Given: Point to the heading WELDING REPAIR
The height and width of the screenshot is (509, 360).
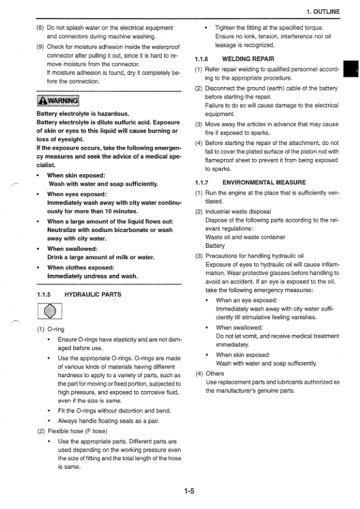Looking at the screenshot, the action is tap(248, 59).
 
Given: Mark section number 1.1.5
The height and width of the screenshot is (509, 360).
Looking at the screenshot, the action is tap(46, 294).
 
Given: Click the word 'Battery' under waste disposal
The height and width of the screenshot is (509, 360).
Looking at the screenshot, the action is tap(216, 246).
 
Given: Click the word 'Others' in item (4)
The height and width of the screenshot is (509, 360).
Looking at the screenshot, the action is tap(214, 373).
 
